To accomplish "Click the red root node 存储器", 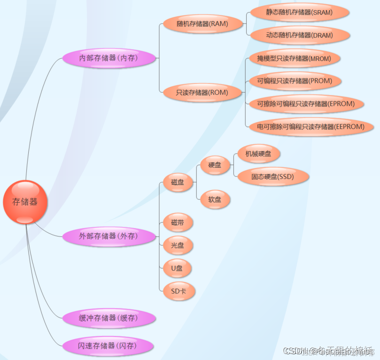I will [25, 202].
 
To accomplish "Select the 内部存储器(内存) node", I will [109, 58].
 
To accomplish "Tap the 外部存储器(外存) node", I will [109, 236].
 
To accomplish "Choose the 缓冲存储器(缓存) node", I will [108, 318].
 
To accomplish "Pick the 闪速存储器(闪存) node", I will [108, 346].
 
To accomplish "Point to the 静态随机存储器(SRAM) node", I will [299, 13].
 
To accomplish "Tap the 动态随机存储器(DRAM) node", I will [299, 35].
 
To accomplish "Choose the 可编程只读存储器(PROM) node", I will [295, 81].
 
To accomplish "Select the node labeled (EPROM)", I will [306, 103].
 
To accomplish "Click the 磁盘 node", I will [178, 183].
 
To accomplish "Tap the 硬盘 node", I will [215, 165].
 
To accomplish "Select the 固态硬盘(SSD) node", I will [272, 177].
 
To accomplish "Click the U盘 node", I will [178, 268].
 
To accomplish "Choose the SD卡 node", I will [178, 291].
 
